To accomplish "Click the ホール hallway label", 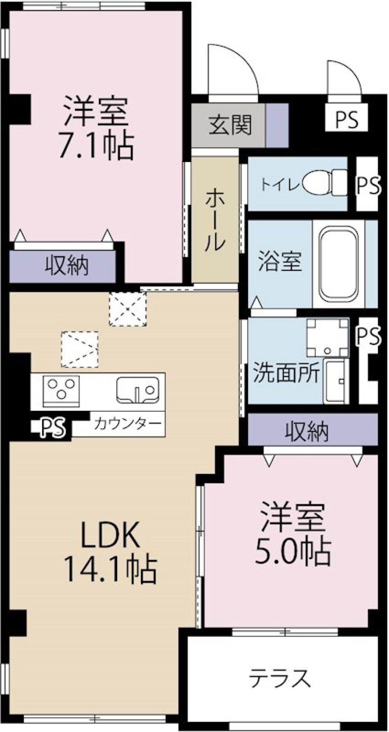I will click(x=214, y=221).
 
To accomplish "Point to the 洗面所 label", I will click(x=286, y=372).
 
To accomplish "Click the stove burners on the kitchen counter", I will click(x=61, y=388).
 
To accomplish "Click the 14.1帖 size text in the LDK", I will click(x=110, y=569).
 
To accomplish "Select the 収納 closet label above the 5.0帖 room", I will click(x=307, y=432).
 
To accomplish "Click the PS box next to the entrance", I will click(x=346, y=119).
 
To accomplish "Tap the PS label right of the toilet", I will click(x=368, y=185).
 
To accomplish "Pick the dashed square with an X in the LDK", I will click(x=127, y=309).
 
